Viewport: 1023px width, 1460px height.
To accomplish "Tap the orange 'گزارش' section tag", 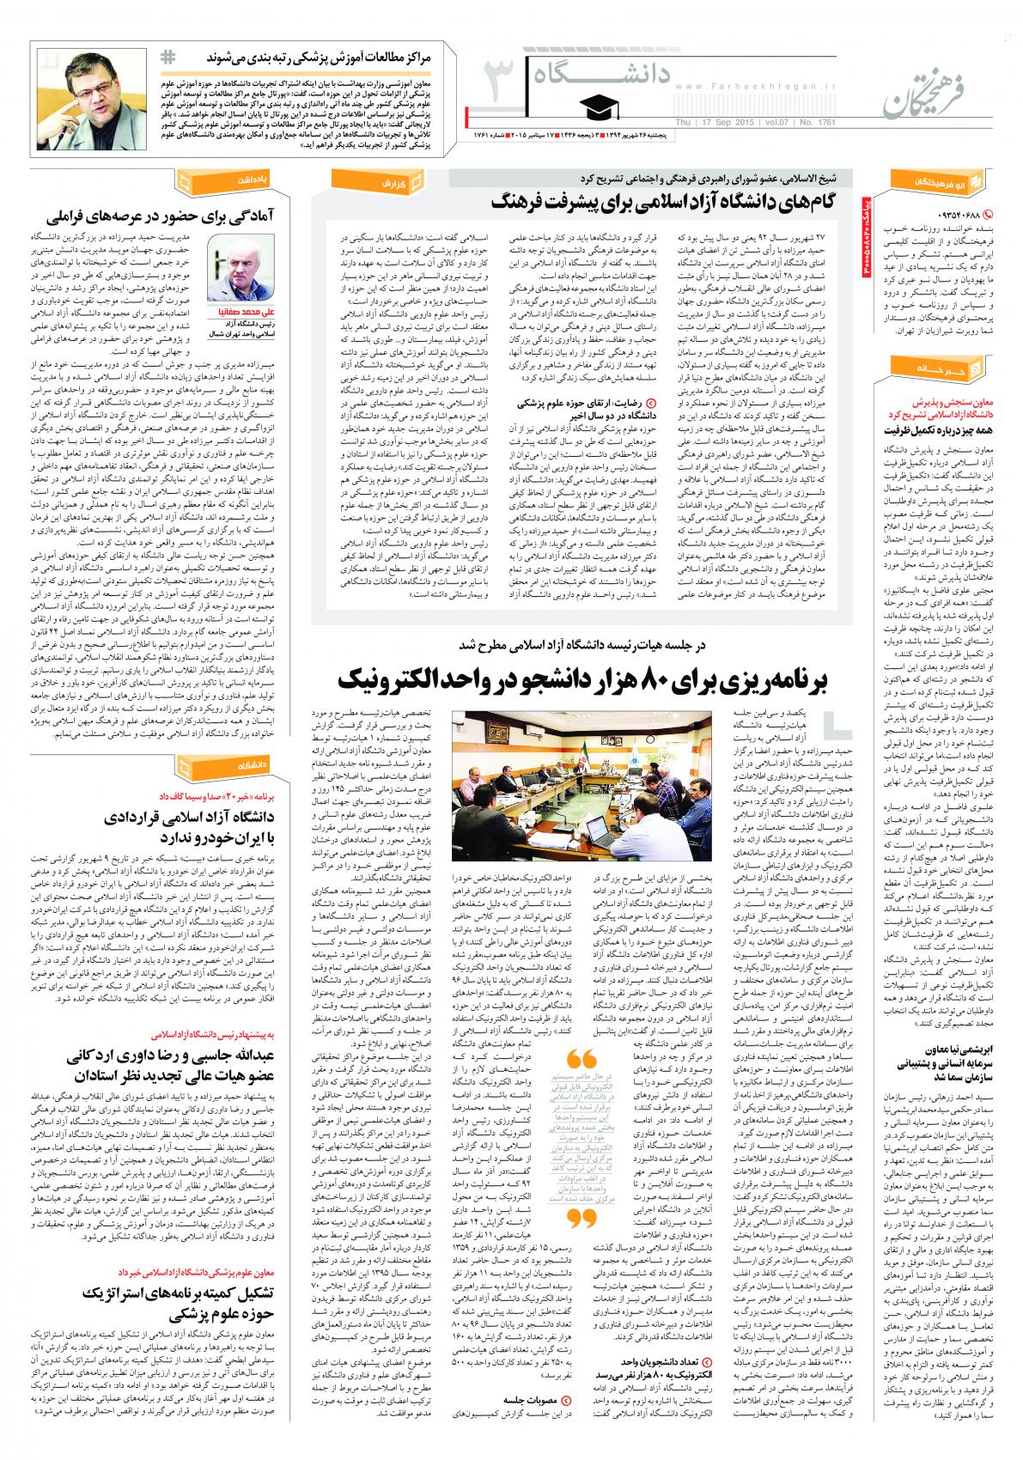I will coord(399,182).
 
